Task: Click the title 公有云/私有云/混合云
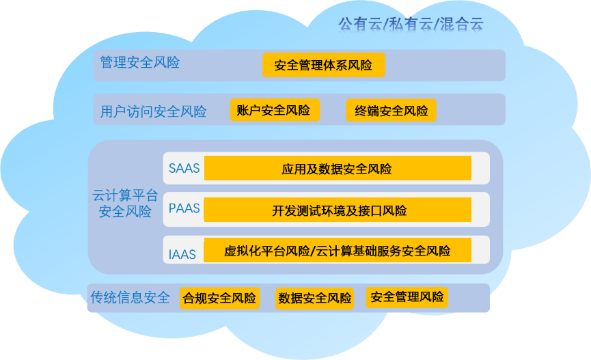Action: click(411, 24)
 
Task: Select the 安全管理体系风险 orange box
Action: click(323, 66)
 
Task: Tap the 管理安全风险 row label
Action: click(139, 63)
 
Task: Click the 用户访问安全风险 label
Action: click(153, 111)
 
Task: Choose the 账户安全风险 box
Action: click(273, 110)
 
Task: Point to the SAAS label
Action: click(184, 168)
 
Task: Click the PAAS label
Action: click(184, 208)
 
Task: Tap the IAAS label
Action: click(182, 255)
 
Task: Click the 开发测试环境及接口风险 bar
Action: click(338, 210)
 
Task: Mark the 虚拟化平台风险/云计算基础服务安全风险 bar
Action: click(338, 251)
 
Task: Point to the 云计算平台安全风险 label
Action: click(125, 204)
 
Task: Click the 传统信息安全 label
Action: click(130, 298)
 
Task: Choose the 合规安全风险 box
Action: click(219, 299)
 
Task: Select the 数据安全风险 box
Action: click(315, 299)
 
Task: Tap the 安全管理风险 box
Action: click(407, 297)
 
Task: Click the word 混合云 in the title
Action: click(463, 24)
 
